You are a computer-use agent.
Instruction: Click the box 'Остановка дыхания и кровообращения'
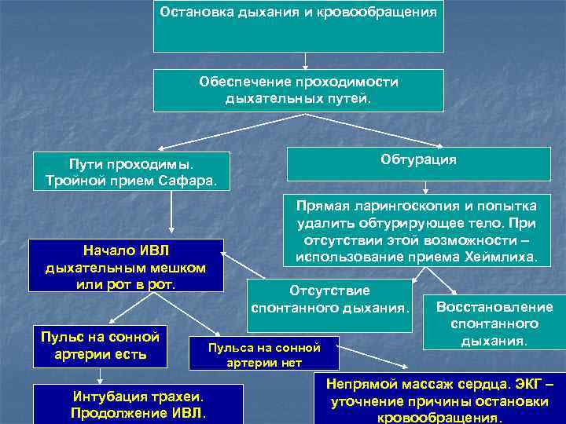298,26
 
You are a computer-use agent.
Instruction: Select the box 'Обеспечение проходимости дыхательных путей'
298,90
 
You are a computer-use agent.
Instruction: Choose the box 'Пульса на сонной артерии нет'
263,353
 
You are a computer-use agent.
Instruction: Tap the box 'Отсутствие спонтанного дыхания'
330,298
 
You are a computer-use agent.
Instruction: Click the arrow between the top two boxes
305,60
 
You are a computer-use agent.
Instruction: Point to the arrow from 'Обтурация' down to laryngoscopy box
425,187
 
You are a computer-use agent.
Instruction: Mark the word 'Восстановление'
494,307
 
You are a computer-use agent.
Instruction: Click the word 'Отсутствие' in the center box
329,289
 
